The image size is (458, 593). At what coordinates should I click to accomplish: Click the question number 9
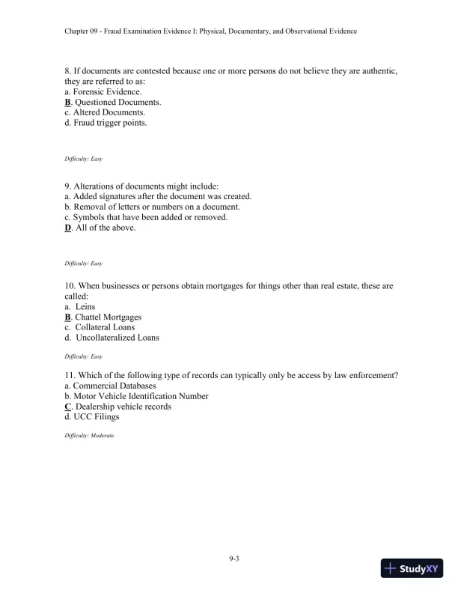pos(68,186)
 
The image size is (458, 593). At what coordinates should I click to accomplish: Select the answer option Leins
pos(85,306)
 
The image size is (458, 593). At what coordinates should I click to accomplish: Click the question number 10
pos(70,285)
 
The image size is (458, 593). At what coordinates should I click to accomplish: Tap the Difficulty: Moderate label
pos(89,435)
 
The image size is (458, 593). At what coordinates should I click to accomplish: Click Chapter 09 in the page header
pos(85,31)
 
